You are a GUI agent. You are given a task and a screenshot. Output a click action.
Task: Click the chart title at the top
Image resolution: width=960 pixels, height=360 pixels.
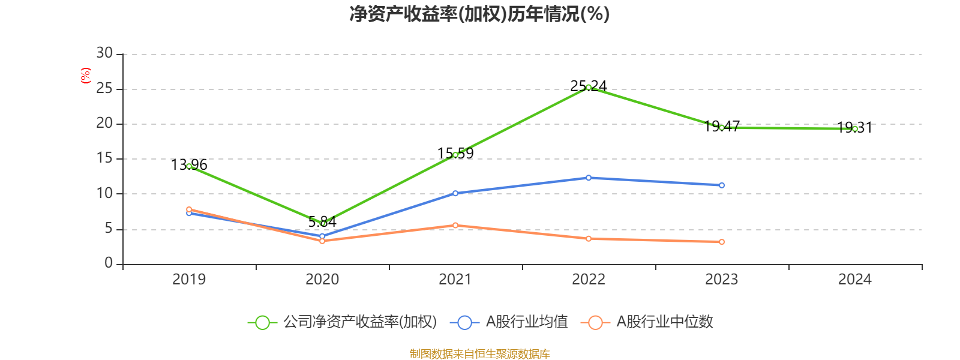tap(479, 14)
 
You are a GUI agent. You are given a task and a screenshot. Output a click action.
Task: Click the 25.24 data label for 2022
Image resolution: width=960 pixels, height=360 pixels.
tap(589, 86)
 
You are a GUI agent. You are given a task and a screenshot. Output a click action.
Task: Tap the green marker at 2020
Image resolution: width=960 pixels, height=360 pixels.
tap(322, 223)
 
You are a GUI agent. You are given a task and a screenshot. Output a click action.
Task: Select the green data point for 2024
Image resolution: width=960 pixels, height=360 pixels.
tap(854, 128)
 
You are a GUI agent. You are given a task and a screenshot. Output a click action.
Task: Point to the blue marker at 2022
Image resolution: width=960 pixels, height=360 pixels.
tap(589, 178)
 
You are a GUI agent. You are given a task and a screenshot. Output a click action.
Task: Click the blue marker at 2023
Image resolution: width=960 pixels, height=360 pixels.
tap(722, 185)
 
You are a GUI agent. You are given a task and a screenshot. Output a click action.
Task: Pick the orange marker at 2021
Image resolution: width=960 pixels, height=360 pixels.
tap(455, 225)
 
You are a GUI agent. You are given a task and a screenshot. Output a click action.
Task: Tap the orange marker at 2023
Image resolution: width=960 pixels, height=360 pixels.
tap(722, 242)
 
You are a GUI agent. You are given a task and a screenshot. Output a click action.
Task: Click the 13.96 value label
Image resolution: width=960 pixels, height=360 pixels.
tap(189, 164)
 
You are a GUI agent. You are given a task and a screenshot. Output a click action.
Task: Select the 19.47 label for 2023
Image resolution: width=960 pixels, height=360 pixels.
tap(722, 126)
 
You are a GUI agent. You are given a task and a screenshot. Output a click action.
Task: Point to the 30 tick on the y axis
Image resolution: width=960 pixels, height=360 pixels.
tap(104, 53)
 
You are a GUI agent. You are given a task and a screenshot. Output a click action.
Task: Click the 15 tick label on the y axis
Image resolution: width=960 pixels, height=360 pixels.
tap(104, 158)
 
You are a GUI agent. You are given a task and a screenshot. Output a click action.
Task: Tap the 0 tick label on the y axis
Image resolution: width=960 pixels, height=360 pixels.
tap(109, 263)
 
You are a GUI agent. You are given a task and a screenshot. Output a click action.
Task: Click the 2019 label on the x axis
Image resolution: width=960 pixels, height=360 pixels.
tap(189, 280)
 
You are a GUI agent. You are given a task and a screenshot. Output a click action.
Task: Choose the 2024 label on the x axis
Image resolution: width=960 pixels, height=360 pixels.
tap(854, 280)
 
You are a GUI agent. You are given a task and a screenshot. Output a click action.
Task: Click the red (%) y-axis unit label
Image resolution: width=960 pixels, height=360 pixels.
tap(86, 75)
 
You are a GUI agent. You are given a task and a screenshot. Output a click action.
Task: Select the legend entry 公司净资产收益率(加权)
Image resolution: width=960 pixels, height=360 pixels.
tap(343, 322)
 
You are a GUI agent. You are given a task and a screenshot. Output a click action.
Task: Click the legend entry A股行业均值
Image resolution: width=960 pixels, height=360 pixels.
tap(509, 322)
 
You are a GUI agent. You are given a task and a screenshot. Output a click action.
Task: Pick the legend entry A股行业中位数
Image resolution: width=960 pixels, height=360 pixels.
tap(647, 322)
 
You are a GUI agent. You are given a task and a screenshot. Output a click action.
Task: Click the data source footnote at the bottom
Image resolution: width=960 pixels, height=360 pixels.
tap(479, 353)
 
